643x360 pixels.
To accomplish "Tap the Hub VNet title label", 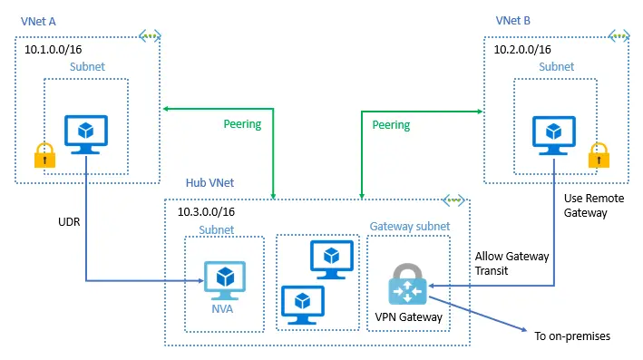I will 210,182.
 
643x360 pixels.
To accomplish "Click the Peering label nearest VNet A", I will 242,123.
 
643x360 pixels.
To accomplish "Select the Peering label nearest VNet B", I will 391,124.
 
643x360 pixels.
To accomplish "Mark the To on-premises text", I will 572,336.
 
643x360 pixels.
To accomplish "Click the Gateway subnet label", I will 407,225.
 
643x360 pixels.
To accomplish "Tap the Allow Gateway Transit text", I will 511,263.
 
